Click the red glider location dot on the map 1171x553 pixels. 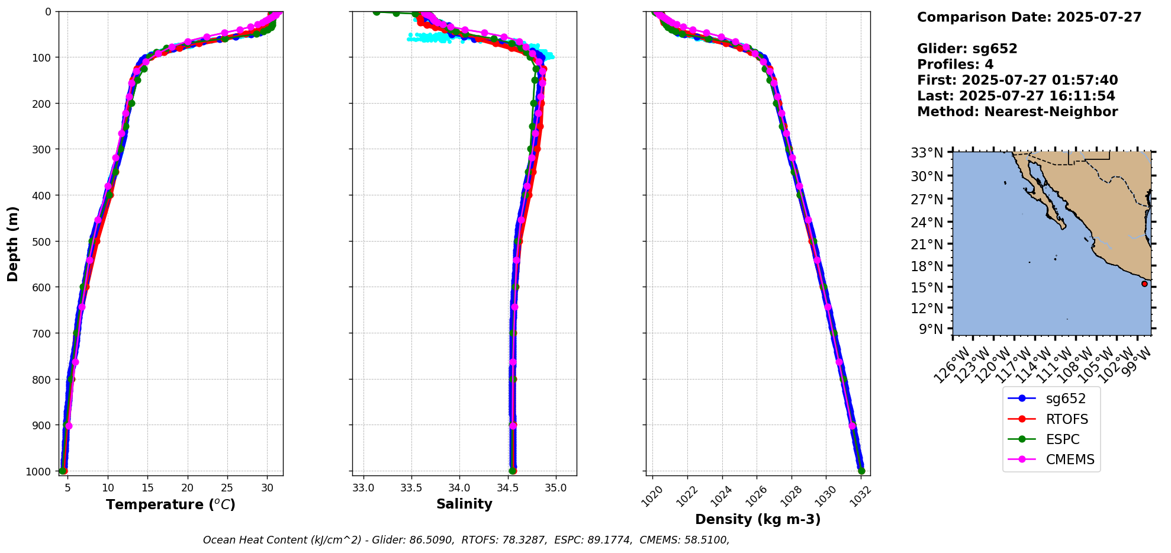1144,284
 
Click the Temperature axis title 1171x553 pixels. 170,504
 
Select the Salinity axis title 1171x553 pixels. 464,504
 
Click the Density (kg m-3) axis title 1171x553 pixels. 758,519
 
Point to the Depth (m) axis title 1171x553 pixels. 13,243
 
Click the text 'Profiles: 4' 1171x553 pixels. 955,65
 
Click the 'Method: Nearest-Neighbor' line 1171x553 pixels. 1017,111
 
